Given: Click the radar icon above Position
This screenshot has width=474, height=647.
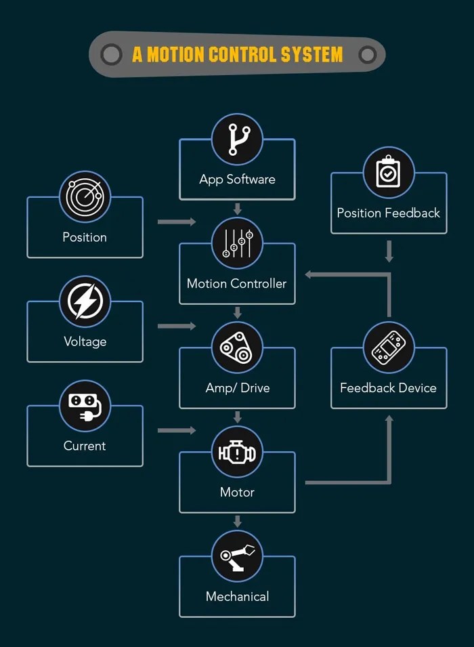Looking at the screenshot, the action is [x=85, y=196].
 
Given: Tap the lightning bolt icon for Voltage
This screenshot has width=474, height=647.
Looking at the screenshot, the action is [x=85, y=301].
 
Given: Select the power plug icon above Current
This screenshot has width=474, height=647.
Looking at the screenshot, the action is [x=85, y=405].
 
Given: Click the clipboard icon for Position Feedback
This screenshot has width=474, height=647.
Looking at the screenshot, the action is [x=389, y=172].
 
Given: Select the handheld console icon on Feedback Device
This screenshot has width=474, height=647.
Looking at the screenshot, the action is [x=389, y=348].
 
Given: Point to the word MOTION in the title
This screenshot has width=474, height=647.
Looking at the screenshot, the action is [x=175, y=54].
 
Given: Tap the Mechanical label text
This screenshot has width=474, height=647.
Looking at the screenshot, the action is [x=237, y=596].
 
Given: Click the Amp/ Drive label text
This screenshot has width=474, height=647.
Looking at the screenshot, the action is [x=237, y=388].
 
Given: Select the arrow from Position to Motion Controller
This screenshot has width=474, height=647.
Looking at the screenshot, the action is [x=176, y=222].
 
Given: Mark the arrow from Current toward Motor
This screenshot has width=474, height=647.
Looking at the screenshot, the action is [x=176, y=430].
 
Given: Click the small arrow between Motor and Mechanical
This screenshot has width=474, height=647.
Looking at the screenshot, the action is [x=237, y=521].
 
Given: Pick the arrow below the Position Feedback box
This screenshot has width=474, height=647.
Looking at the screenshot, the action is [x=389, y=251].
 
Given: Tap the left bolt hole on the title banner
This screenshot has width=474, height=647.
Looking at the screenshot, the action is [x=111, y=54].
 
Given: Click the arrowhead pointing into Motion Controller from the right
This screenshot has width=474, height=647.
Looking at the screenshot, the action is [x=309, y=274].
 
